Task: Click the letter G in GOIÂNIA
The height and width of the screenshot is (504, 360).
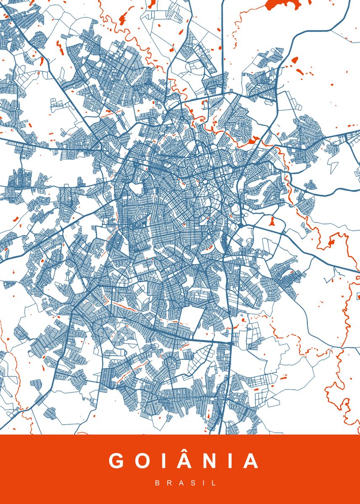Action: [117, 461]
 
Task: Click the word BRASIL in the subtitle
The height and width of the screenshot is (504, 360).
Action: [186, 483]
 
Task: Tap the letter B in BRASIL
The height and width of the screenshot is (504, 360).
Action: [158, 483]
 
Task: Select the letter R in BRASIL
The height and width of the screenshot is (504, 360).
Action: [169, 483]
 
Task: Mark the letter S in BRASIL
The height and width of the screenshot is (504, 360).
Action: [193, 483]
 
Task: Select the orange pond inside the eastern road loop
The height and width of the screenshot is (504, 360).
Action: [271, 220]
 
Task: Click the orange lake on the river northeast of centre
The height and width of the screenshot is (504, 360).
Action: [252, 141]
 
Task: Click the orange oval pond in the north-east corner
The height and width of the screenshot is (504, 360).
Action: [294, 60]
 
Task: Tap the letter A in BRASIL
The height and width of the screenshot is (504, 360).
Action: [181, 483]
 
